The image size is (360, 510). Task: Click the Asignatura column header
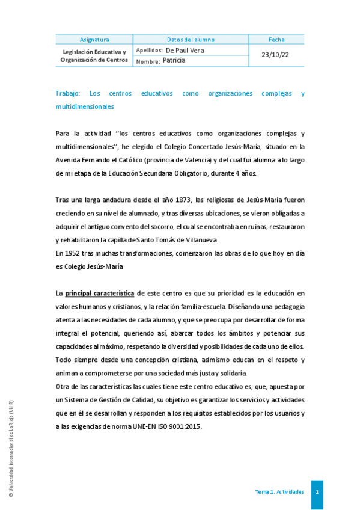pos(94,40)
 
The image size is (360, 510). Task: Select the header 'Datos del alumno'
pos(191,40)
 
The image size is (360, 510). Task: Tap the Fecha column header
pos(276,40)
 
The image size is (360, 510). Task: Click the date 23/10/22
pos(276,55)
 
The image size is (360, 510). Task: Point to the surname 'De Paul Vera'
pos(185,51)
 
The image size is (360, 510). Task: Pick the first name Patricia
pos(174,60)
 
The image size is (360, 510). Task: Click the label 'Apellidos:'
pos(150,51)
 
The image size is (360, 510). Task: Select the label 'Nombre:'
pos(148,61)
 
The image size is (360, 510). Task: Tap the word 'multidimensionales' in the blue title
pos(84,106)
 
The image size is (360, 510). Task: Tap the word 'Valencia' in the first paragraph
pos(194,159)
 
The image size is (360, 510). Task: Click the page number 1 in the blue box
pos(317,492)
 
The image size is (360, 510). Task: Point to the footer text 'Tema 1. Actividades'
pos(279,492)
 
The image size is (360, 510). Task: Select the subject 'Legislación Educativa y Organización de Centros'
pos(94,56)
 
